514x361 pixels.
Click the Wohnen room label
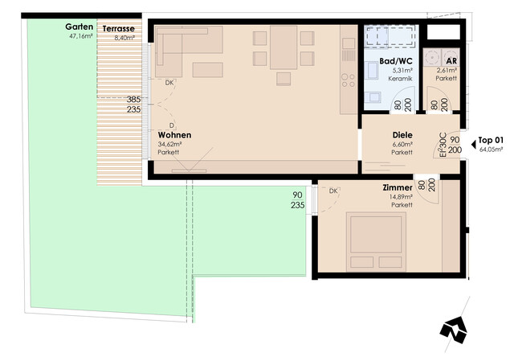174,135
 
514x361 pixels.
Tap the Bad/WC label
396,61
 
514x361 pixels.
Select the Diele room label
402,135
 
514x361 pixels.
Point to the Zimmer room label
398,187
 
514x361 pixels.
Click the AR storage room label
451,61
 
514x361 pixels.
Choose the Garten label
79,27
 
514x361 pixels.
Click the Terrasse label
118,29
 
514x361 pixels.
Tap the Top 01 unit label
491,140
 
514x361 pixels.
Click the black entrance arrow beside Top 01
473,145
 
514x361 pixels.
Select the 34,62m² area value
169,144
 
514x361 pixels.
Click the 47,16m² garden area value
80,36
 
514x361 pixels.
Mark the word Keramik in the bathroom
400,79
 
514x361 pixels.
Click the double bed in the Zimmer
376,242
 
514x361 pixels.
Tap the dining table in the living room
284,47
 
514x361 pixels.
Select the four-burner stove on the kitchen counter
348,80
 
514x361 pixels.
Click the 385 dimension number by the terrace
133,99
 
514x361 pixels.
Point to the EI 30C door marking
443,145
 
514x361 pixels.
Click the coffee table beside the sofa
208,70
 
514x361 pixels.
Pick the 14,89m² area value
401,197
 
